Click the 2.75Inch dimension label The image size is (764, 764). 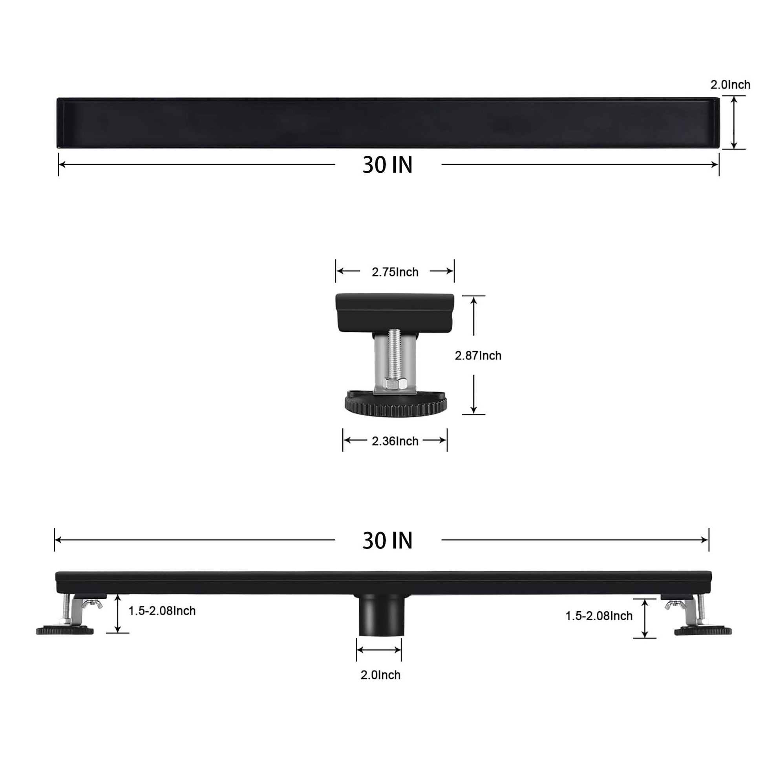point(395,272)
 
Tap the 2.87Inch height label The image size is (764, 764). point(478,356)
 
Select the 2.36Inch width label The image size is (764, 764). point(395,441)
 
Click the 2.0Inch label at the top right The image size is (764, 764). point(730,85)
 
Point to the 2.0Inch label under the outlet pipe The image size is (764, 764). point(380,674)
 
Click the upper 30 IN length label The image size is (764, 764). point(387,164)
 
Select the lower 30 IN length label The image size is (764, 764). point(387,540)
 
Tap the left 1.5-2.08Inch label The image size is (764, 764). point(162,610)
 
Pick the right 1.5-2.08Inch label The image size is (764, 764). point(599,616)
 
